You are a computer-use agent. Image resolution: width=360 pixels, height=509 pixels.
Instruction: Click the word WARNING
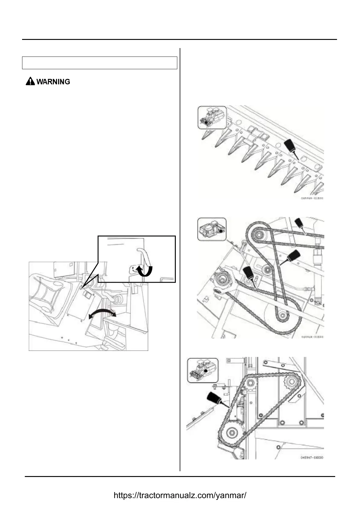coord(53,82)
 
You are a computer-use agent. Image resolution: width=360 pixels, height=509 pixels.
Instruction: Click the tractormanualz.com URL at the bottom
coord(180,495)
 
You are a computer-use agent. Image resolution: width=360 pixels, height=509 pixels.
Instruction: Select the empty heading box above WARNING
coord(100,63)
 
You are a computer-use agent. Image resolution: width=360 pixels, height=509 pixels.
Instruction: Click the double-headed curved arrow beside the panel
coord(102,314)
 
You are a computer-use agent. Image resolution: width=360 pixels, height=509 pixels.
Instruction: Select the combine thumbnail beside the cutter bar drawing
coord(212,117)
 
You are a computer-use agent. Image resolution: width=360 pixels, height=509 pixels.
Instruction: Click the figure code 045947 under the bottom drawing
coord(312,457)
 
